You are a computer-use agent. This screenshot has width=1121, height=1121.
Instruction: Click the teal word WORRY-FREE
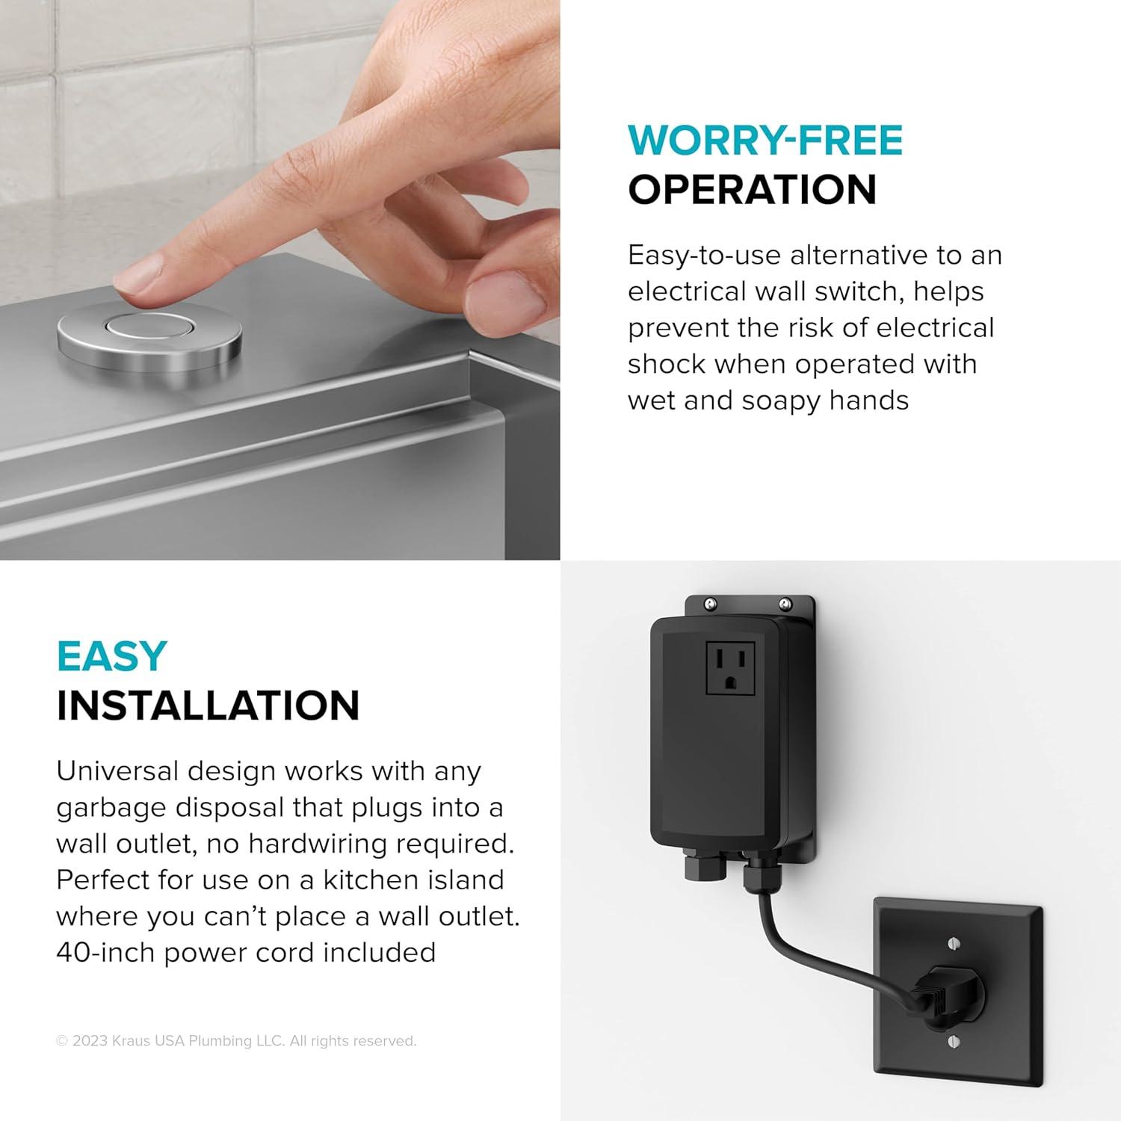click(765, 141)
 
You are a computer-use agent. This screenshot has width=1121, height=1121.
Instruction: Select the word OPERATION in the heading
click(752, 190)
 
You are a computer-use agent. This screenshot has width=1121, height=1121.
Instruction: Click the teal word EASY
click(111, 657)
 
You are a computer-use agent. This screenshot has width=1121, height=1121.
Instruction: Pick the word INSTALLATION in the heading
click(208, 705)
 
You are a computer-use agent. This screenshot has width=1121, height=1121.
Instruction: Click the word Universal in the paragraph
click(116, 771)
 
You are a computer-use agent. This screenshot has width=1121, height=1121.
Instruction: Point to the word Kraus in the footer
click(132, 1041)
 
